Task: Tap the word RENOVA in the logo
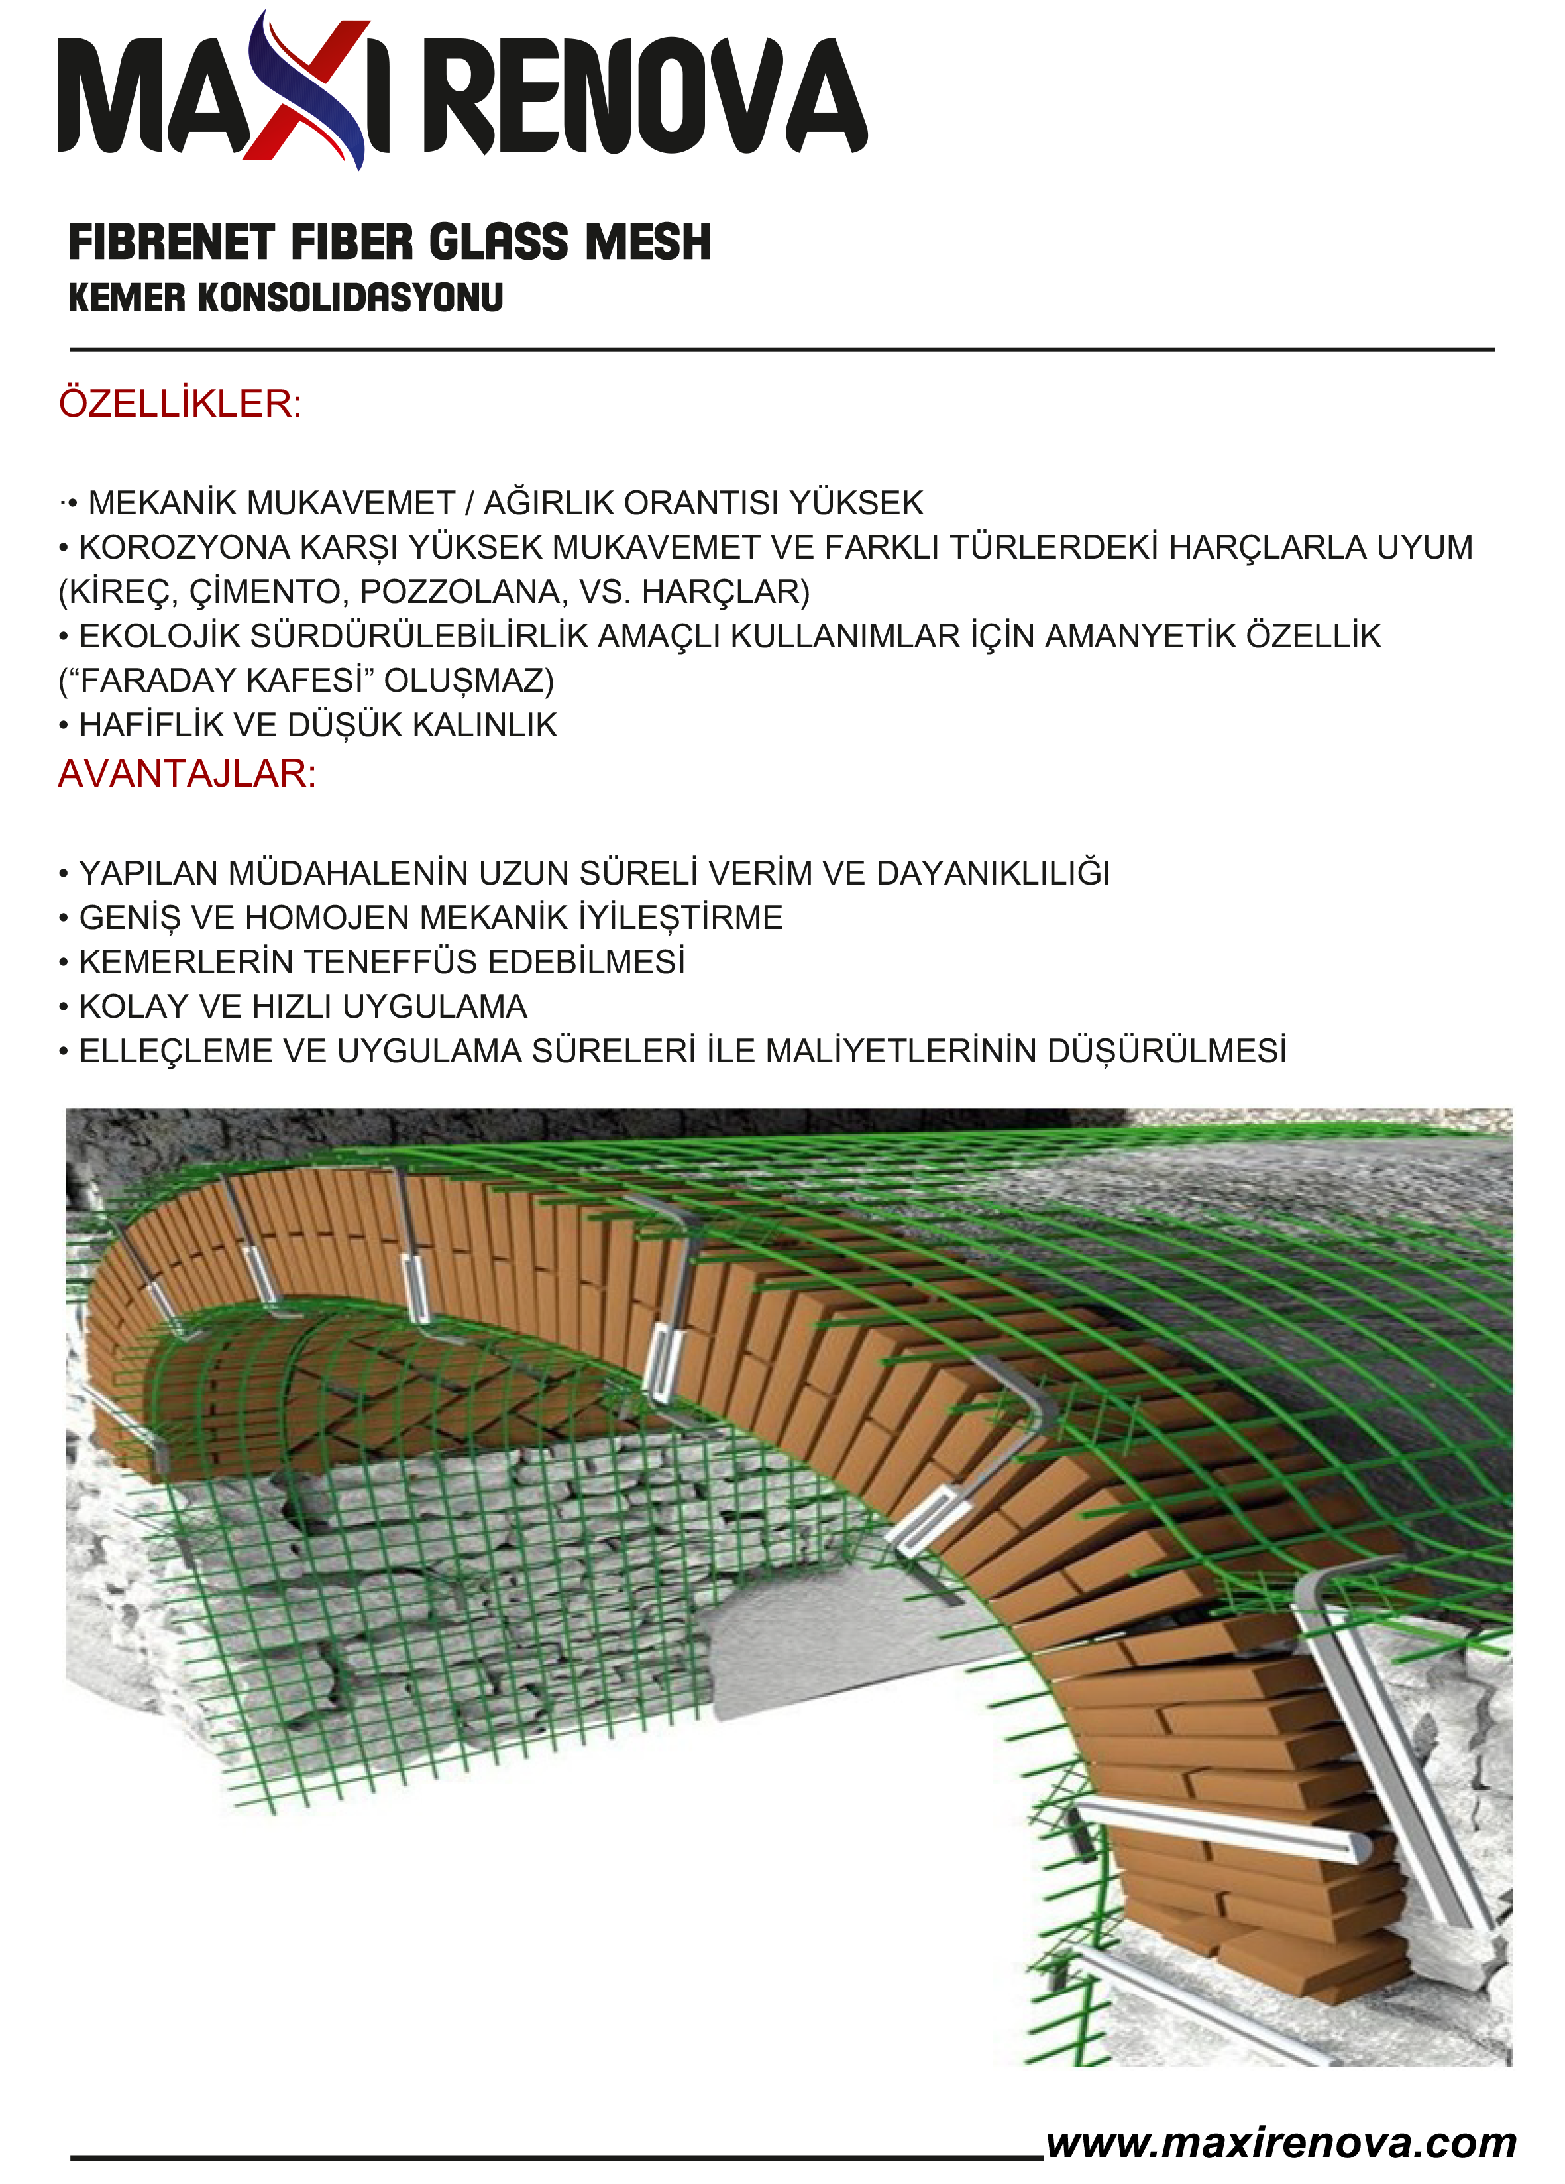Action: (x=645, y=96)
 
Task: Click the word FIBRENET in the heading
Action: (x=172, y=242)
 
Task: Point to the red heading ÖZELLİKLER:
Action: (x=180, y=404)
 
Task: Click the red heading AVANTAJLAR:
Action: (x=187, y=773)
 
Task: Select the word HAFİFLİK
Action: (x=150, y=725)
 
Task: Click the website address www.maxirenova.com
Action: (x=1281, y=2144)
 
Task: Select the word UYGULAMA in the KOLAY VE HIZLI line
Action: (x=435, y=1007)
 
